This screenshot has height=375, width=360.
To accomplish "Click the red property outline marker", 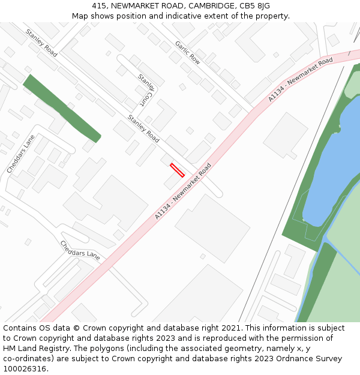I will (x=177, y=170).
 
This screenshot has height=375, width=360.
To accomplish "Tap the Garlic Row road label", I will (x=187, y=53).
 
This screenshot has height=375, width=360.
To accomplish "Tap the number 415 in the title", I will (x=100, y=5).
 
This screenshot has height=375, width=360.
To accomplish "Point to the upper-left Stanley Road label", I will (x=41, y=43).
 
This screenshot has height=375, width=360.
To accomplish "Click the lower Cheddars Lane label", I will (x=80, y=250).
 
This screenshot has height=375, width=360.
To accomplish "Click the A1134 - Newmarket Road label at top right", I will (x=300, y=79).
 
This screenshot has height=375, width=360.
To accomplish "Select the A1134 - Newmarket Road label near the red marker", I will (x=183, y=191).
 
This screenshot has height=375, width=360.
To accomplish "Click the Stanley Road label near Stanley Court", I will (x=143, y=128).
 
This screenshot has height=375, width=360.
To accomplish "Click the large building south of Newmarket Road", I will (x=212, y=228).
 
